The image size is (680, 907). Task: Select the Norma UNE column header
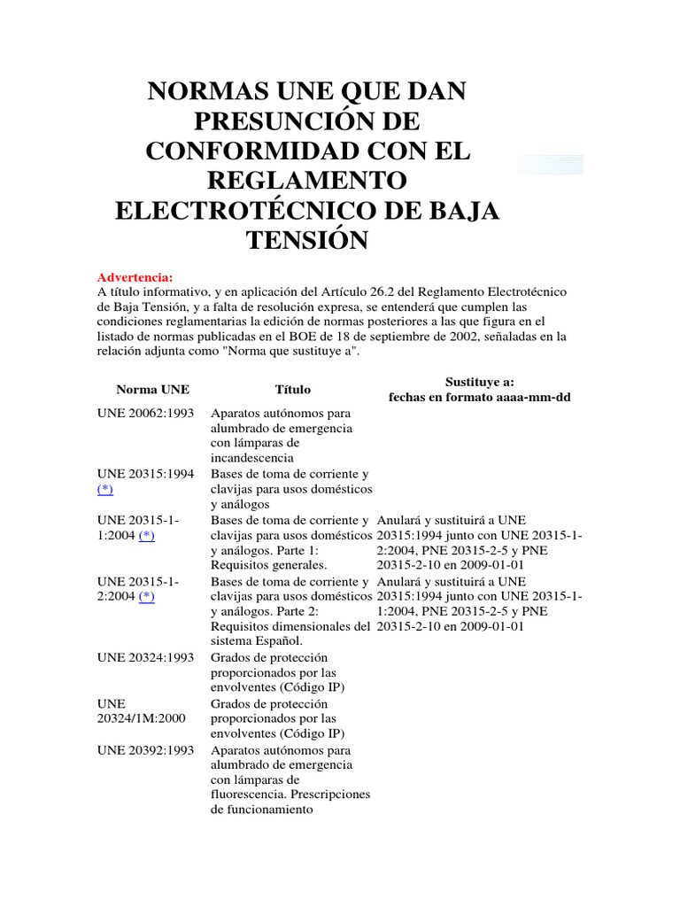tap(152, 389)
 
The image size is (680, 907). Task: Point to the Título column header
tap(293, 389)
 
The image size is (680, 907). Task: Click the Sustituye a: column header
tap(479, 381)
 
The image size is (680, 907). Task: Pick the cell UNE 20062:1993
tap(145, 413)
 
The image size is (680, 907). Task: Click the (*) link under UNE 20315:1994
tap(105, 489)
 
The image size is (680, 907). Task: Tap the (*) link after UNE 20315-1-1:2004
tap(146, 535)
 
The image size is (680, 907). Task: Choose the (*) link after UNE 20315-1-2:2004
tap(146, 596)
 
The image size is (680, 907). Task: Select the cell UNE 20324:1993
tap(145, 657)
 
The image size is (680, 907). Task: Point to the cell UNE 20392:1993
tap(145, 748)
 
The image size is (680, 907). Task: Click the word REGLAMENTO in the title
tap(307, 180)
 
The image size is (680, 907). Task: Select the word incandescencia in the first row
tap(252, 458)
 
